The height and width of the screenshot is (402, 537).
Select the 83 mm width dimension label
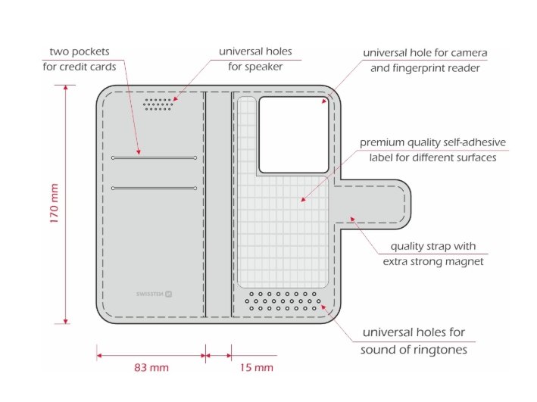pos(151,368)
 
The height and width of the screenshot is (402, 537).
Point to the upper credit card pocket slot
pos(154,157)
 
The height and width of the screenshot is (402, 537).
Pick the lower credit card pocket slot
pos(154,188)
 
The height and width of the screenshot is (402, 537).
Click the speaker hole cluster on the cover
pos(158,104)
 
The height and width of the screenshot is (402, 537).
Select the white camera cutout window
pos(294,135)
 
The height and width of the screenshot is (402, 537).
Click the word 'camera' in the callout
pos(469,53)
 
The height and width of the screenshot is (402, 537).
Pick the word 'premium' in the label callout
pos(382,142)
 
